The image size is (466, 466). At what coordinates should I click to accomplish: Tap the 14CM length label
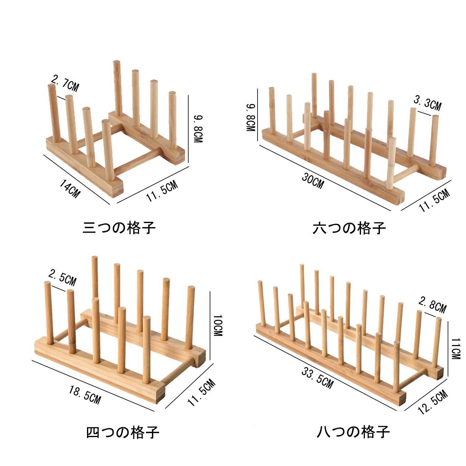(x=70, y=190)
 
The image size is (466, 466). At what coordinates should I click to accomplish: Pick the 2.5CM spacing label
(x=62, y=278)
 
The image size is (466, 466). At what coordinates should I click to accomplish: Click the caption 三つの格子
(x=119, y=228)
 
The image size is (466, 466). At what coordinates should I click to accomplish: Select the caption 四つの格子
(x=122, y=432)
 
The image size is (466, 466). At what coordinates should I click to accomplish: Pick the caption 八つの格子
(x=354, y=432)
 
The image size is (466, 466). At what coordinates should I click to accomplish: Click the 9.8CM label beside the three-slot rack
(x=198, y=129)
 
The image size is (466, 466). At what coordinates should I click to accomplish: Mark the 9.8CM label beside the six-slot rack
(x=251, y=118)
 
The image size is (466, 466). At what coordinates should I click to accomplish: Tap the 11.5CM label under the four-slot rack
(x=201, y=393)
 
